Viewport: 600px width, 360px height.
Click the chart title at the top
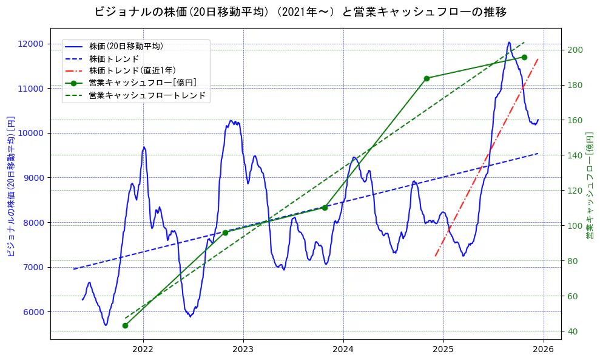300,12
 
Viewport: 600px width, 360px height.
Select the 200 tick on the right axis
574,50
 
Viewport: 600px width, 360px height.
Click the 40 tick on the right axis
571,331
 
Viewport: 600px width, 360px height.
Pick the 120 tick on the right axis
574,191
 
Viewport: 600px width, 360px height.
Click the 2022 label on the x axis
143,350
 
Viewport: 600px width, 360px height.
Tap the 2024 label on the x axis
343,350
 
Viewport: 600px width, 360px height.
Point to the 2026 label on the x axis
544,350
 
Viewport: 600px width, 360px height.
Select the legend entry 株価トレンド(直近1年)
132,70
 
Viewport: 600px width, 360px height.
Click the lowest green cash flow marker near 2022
125,325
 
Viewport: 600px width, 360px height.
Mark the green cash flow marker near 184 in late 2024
426,78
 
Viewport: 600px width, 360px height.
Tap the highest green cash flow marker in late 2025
524,57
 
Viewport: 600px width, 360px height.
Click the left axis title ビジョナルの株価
10,186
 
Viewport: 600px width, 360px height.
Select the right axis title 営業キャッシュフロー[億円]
588,186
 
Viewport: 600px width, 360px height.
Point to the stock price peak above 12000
509,42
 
